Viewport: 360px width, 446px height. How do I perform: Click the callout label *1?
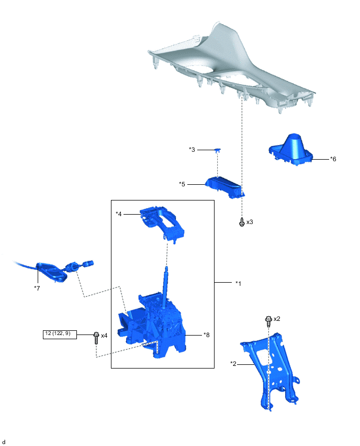point(238,283)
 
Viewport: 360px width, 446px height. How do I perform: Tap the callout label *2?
point(233,363)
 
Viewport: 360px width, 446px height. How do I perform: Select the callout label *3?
point(192,149)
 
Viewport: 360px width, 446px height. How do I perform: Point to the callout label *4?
point(119,214)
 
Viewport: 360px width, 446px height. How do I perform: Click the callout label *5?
point(182,184)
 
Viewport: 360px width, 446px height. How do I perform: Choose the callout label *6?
point(333,159)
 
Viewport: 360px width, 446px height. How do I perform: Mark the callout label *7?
point(37,288)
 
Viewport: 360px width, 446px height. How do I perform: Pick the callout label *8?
point(207,335)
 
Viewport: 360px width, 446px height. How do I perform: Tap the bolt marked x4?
point(96,338)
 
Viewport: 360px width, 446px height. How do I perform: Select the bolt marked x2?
point(268,321)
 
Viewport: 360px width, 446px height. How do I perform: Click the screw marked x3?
point(242,222)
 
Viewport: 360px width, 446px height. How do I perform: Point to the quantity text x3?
point(250,222)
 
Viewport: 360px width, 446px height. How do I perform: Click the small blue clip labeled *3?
point(218,150)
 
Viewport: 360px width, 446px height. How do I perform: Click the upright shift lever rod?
point(165,287)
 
